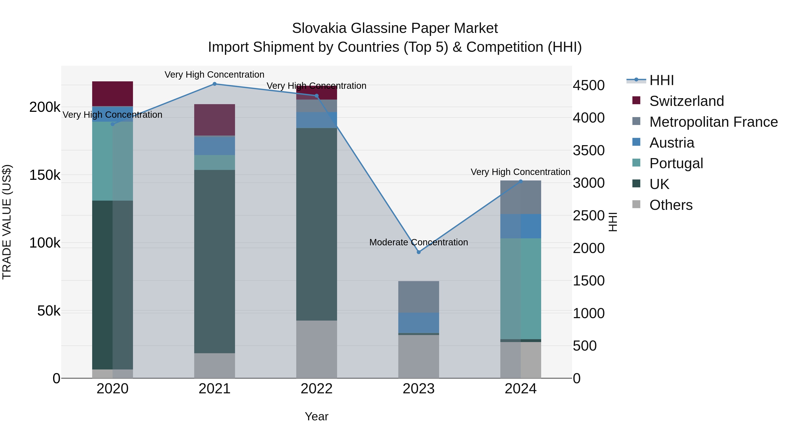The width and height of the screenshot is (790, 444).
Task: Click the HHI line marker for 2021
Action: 214,84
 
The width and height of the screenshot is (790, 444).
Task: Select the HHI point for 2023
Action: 419,252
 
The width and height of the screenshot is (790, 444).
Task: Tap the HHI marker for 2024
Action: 521,181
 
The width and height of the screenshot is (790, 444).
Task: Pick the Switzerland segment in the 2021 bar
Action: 214,120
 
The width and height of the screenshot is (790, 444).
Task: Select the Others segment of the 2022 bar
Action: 316,349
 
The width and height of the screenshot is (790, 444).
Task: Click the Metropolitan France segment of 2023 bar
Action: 419,297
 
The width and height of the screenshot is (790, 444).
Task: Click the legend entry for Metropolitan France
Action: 713,122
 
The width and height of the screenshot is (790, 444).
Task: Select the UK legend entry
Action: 659,184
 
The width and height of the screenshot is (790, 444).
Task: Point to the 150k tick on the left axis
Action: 45,175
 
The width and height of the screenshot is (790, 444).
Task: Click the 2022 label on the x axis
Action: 316,389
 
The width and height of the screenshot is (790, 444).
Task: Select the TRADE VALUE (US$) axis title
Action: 7,222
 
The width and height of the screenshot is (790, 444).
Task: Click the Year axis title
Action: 316,416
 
